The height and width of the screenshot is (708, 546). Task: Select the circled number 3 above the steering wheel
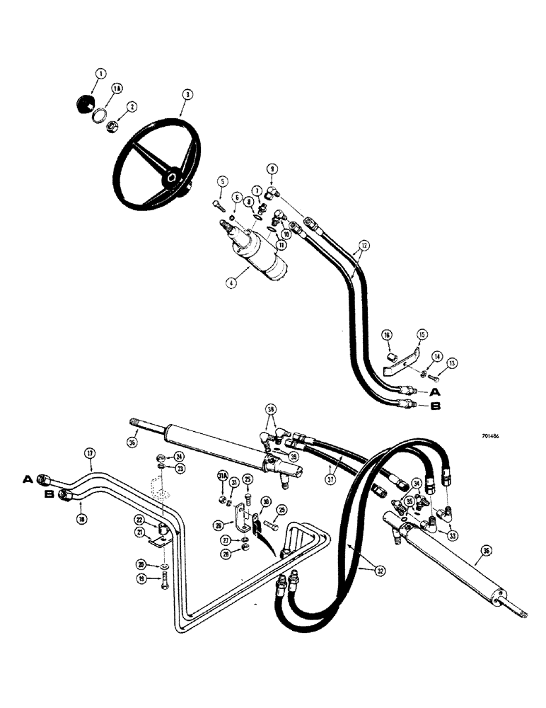click(186, 93)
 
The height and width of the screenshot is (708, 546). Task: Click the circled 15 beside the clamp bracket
click(422, 333)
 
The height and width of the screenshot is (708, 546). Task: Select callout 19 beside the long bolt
click(161, 578)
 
